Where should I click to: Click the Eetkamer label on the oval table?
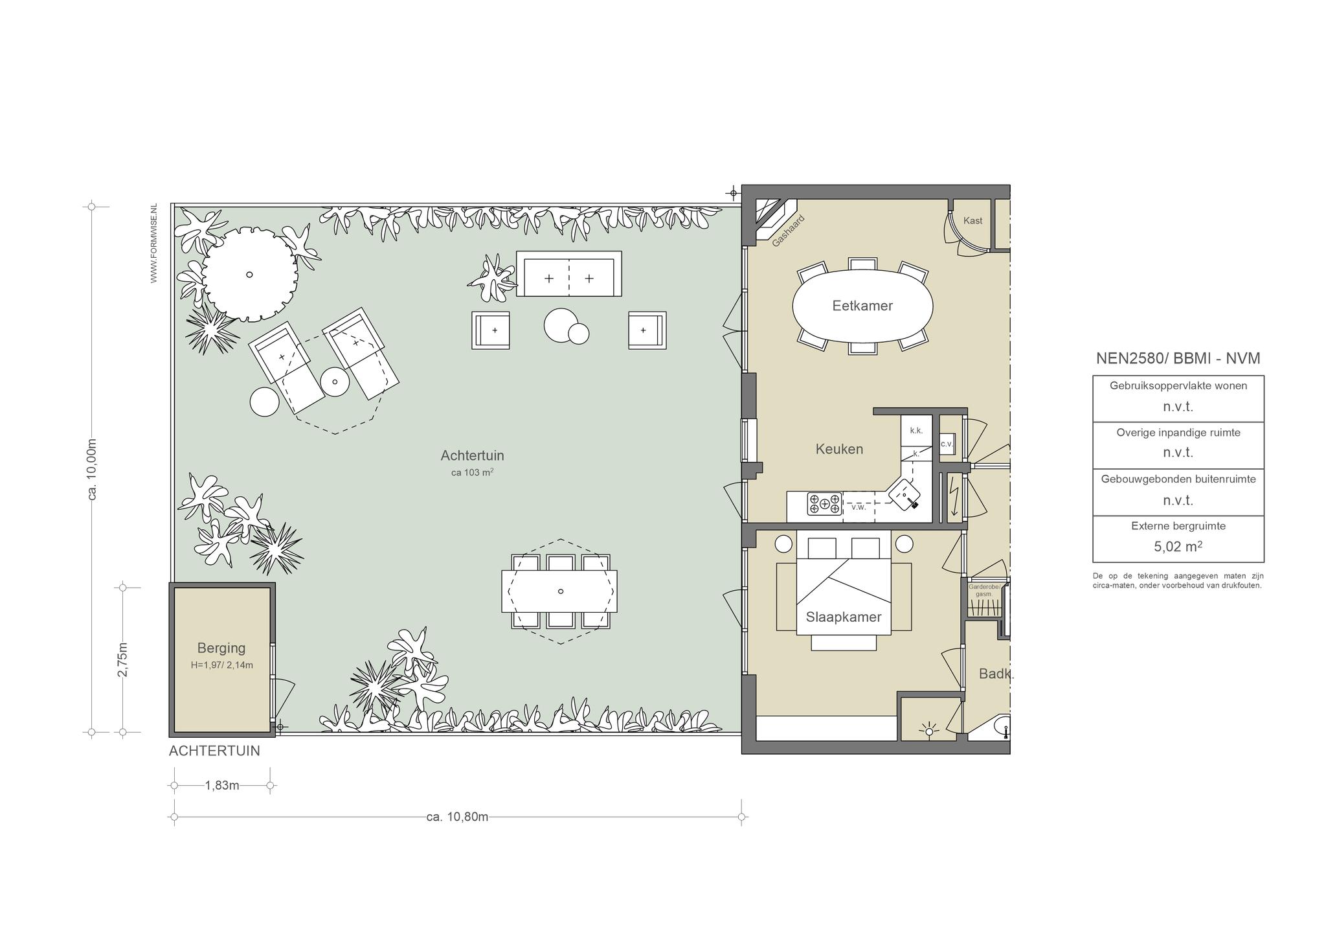coord(862,306)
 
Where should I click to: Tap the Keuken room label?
coord(839,449)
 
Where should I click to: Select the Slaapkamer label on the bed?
coord(844,617)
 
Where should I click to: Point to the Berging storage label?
coord(221,648)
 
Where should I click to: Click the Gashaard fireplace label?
coord(788,231)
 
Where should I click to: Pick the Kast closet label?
coord(972,220)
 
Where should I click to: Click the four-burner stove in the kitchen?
coord(824,503)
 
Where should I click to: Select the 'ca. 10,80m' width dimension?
coord(457,817)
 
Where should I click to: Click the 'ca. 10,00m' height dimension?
coord(92,469)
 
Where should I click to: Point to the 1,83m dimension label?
coord(222,786)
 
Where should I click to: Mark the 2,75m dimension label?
coord(122,659)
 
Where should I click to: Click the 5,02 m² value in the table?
coord(1178,546)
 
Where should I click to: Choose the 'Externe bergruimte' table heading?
coord(1178,526)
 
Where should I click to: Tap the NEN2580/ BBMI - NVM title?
coord(1178,358)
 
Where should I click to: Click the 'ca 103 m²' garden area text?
coord(472,472)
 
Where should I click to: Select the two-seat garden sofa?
coord(568,274)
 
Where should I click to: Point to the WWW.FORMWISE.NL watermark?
coord(153,243)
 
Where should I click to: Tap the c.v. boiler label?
coord(946,444)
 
